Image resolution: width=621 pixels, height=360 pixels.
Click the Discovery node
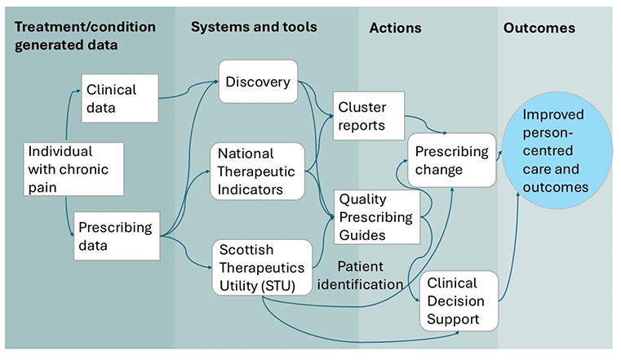tap(258, 82)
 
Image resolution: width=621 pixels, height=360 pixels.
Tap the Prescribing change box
tap(451, 161)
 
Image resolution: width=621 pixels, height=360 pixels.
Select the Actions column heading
tap(395, 28)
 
